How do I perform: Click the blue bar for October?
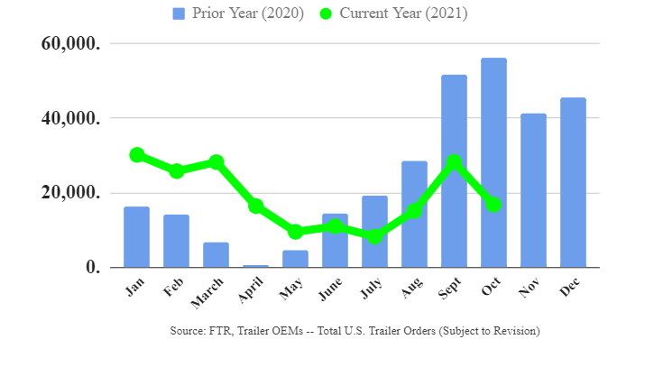493,162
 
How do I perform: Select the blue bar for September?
454,171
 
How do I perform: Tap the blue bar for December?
573,182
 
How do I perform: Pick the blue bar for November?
533,190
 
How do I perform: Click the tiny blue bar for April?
255,266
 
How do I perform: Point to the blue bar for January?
137,237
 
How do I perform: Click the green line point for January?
137,155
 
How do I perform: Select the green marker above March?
216,161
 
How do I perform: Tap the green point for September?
454,161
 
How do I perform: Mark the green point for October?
493,205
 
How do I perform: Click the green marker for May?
295,232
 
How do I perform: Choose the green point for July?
374,237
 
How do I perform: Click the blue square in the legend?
179,14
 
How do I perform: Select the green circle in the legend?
326,14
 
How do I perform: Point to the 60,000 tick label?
71,43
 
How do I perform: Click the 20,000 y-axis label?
71,193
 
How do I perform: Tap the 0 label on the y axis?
94,267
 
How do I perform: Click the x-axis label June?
330,289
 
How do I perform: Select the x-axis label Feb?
173,287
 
